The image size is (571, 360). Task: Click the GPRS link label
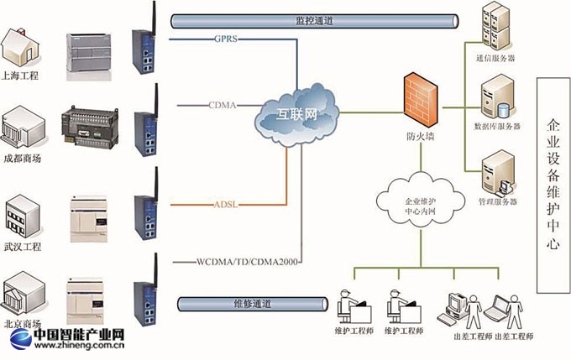227,39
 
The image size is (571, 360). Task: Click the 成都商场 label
23,158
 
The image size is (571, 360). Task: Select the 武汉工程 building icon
20,218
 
